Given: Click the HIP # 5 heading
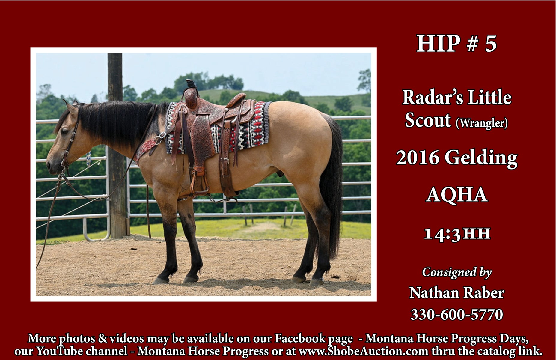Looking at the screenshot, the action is (x=456, y=44).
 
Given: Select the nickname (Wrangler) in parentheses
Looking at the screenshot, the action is (x=482, y=123).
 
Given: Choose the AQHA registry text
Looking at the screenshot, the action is (x=457, y=195).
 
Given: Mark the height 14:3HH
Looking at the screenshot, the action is (x=457, y=233).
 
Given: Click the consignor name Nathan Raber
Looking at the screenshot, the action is (x=457, y=293).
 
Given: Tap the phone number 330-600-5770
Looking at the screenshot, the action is (x=457, y=315).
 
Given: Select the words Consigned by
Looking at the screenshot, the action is (x=457, y=272).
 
